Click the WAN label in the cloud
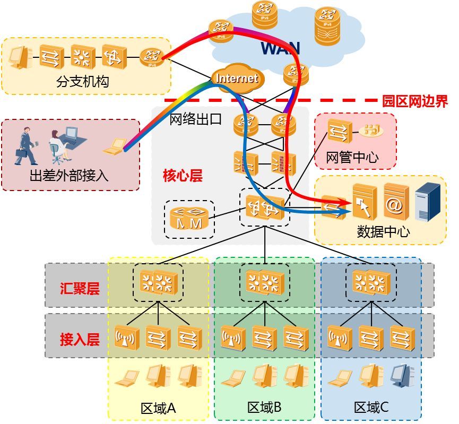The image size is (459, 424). pos(280,48)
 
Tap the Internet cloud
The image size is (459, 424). pos(237,79)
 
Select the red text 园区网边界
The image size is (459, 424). pos(415,101)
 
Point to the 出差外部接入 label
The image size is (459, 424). pos(69,175)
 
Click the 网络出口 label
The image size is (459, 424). pos(195,119)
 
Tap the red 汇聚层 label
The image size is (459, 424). pos(80,289)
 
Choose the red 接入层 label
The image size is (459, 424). pos(80,340)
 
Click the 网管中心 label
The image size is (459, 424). pos(352,157)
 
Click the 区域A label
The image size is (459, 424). pos(158,408)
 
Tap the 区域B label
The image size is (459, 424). pos(264,408)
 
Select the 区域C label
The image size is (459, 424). pos(371,408)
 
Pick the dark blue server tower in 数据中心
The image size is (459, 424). pos(428,201)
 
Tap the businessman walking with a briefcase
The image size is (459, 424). pos(25,145)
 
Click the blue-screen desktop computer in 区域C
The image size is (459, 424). pos(402,375)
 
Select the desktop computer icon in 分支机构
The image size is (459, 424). pos(20,57)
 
